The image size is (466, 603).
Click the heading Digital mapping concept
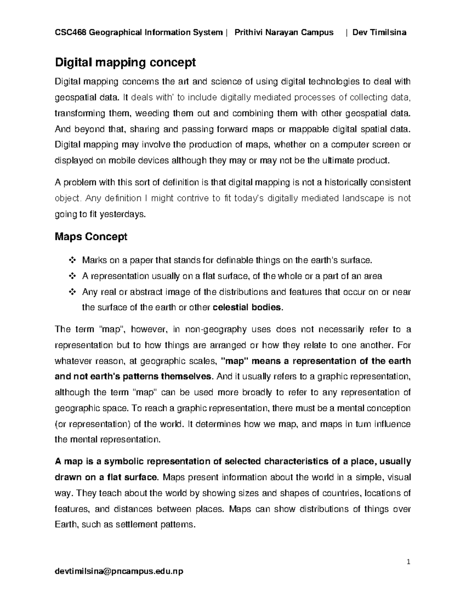[126, 62]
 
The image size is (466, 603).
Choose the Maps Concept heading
[91, 236]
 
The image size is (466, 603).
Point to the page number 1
[408, 562]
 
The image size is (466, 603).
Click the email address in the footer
[119, 571]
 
